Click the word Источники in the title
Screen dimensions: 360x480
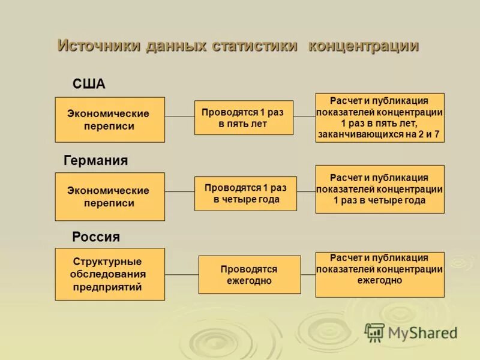pyautogui.click(x=98, y=46)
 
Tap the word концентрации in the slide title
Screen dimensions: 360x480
pyautogui.click(x=363, y=46)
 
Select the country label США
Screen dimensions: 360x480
pyautogui.click(x=89, y=84)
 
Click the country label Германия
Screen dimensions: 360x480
pyautogui.click(x=95, y=161)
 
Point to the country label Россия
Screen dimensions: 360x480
pyautogui.click(x=96, y=237)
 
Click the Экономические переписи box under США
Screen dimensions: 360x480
pyautogui.click(x=109, y=120)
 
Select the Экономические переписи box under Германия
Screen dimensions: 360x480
pyautogui.click(x=109, y=197)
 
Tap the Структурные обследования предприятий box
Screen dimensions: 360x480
pyautogui.click(x=109, y=274)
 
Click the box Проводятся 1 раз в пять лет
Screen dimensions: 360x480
pyautogui.click(x=244, y=118)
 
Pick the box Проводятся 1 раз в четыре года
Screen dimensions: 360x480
pyautogui.click(x=245, y=194)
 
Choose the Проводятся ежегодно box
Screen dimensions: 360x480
pyautogui.click(x=250, y=275)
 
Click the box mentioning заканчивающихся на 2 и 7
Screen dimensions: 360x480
pyautogui.click(x=380, y=118)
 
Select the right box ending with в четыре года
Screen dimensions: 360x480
pyautogui.click(x=380, y=189)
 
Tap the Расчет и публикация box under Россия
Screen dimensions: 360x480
pyautogui.click(x=380, y=274)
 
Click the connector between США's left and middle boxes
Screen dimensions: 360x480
pyautogui.click(x=179, y=116)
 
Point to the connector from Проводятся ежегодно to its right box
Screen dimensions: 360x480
pyautogui.click(x=308, y=274)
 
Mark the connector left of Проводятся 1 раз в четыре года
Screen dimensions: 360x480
pyautogui.click(x=179, y=192)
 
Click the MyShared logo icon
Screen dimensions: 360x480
pyautogui.click(x=374, y=332)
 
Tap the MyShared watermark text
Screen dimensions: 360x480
pyautogui.click(x=422, y=333)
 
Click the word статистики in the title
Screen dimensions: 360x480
pyautogui.click(x=254, y=46)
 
